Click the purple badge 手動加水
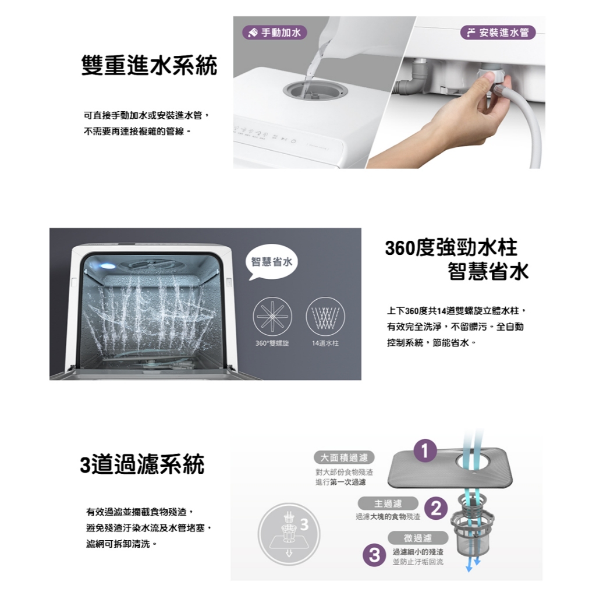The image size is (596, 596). pyautogui.click(x=275, y=33)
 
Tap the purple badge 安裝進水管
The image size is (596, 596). pyautogui.click(x=498, y=33)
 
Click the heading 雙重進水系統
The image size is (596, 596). pyautogui.click(x=149, y=65)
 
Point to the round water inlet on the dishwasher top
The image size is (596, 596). pyautogui.click(x=315, y=90)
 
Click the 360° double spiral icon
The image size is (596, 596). pyautogui.click(x=272, y=316)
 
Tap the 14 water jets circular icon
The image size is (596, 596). pyautogui.click(x=325, y=316)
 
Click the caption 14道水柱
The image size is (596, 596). pyautogui.click(x=325, y=343)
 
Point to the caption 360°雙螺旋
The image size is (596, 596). pyautogui.click(x=272, y=343)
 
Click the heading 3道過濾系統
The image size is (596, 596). pyautogui.click(x=142, y=464)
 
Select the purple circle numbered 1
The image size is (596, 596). pyautogui.click(x=425, y=450)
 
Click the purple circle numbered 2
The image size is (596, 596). pyautogui.click(x=436, y=509)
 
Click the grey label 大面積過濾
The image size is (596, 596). pyautogui.click(x=344, y=457)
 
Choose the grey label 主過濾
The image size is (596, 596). pyautogui.click(x=388, y=503)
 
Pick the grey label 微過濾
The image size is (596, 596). pyautogui.click(x=418, y=538)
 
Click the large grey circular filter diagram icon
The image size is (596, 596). pyautogui.click(x=289, y=534)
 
